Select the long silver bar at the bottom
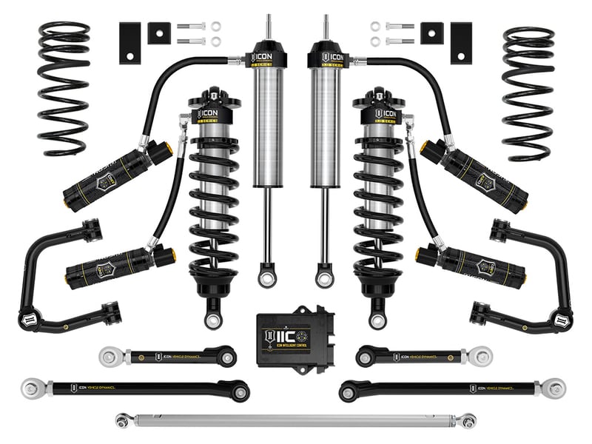(296, 420)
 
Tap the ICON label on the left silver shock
(264, 56)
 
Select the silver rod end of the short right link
(482, 354)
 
